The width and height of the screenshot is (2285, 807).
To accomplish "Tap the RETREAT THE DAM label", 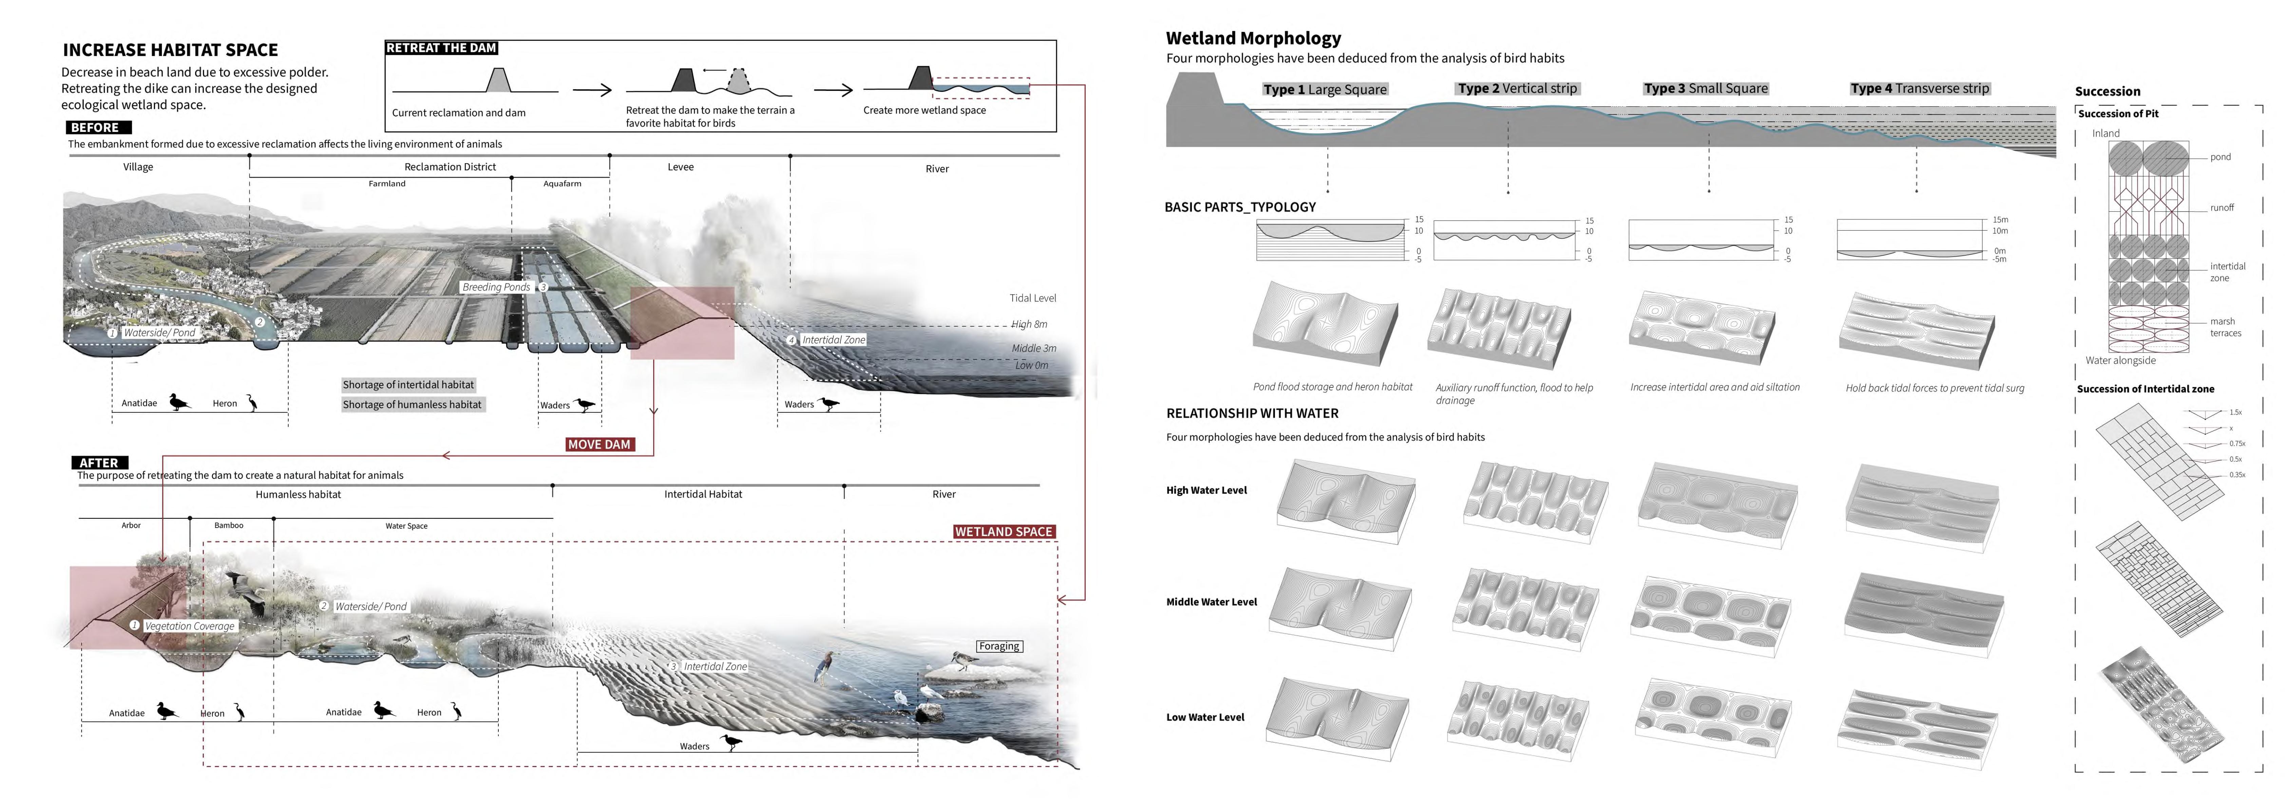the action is tap(441, 48).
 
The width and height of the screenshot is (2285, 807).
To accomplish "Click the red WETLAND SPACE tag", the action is tap(1003, 532).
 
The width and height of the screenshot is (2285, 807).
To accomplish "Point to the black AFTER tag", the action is tap(99, 463).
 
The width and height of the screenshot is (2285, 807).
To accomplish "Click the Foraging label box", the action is tap(999, 647).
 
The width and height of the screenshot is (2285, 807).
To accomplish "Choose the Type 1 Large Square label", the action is tap(1324, 90).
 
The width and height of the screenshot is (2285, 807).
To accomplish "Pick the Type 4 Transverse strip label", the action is tap(1920, 89).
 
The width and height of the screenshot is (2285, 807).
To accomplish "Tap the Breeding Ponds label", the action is tap(496, 287).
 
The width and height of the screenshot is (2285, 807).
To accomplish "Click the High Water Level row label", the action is tap(1206, 490).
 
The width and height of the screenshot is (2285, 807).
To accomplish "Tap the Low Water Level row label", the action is tap(1205, 717).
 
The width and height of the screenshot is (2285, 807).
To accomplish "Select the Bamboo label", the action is tap(229, 526).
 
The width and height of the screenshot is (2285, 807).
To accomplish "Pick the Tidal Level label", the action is tap(1032, 298).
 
